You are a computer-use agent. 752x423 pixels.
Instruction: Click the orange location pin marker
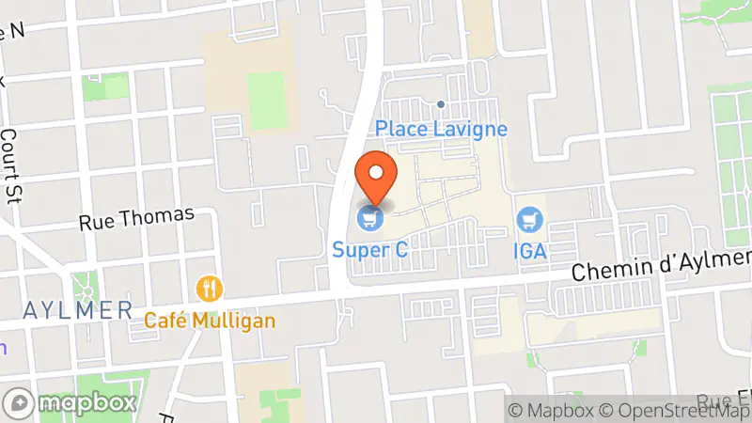point(377,178)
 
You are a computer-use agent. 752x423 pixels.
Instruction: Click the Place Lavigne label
point(442,129)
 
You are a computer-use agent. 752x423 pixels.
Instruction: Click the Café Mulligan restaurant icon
point(209,288)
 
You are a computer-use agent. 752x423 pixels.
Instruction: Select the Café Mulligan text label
point(210,321)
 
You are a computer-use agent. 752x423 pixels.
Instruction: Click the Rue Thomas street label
point(136,219)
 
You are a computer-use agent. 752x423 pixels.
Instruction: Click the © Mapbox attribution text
point(553,410)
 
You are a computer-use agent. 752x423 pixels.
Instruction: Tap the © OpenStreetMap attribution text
point(675,410)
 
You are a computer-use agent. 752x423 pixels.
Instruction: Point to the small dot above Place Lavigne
point(441,104)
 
